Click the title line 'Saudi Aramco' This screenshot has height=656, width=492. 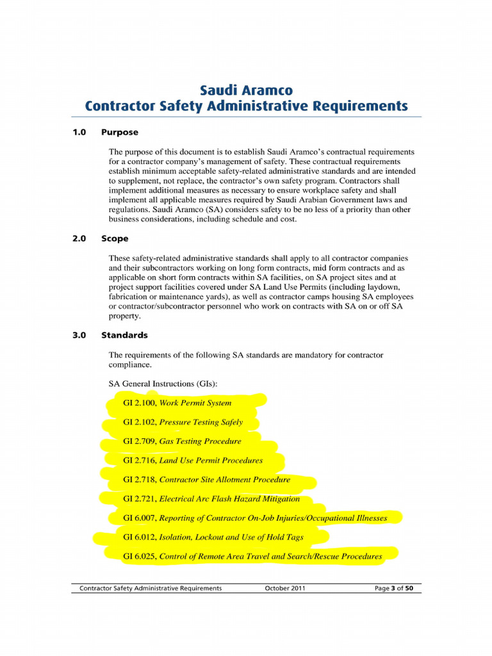(x=246, y=90)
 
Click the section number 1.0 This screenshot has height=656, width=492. (x=79, y=133)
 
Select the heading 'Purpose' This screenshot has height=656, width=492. (x=120, y=133)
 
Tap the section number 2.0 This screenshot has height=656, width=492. (x=79, y=238)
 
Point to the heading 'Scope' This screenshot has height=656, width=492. (x=115, y=238)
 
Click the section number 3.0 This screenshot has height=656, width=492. (x=79, y=335)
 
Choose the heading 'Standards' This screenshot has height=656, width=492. (x=124, y=335)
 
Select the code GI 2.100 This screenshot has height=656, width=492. (x=139, y=403)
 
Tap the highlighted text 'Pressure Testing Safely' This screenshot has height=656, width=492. (x=201, y=422)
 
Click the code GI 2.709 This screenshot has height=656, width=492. (x=139, y=441)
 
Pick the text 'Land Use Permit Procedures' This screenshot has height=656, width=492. (x=211, y=460)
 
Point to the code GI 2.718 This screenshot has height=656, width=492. (x=139, y=479)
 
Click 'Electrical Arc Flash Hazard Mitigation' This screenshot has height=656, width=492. (x=229, y=498)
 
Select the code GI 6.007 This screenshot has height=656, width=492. (x=139, y=518)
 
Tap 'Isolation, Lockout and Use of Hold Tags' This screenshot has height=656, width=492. (x=231, y=537)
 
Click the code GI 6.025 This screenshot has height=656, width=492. (x=139, y=556)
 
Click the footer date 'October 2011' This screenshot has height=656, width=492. (x=285, y=588)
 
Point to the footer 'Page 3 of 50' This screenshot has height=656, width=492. (x=398, y=588)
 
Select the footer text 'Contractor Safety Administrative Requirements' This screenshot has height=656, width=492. (x=150, y=588)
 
